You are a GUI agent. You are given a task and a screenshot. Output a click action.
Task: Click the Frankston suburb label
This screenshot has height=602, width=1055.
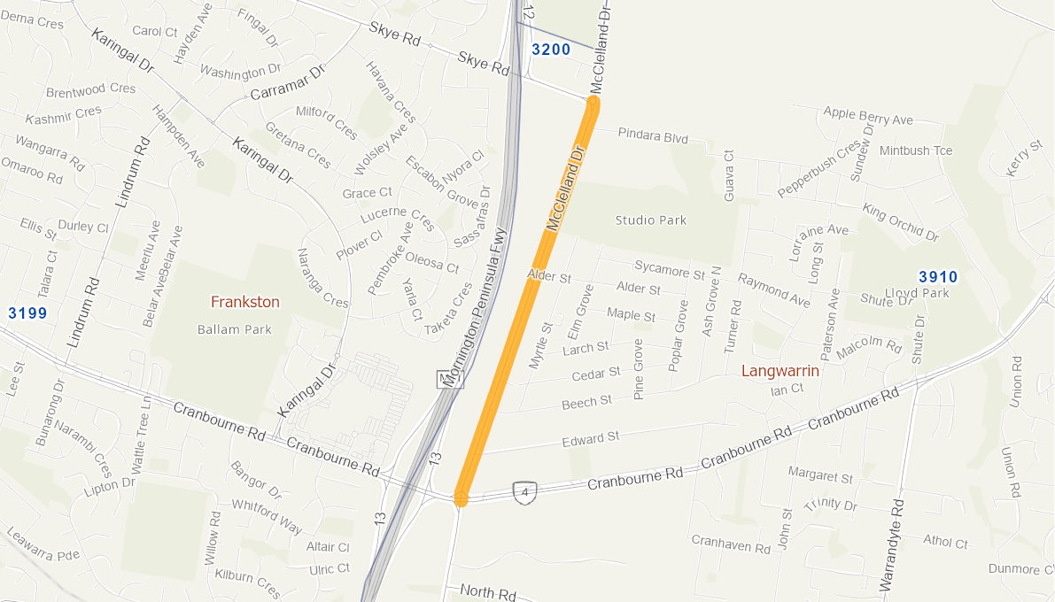(244, 302)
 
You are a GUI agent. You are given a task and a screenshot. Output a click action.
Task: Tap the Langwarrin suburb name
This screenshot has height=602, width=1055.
(780, 371)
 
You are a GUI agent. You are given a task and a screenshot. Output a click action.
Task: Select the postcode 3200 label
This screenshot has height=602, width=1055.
(551, 50)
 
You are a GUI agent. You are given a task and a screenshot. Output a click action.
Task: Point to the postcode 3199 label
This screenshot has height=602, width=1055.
(27, 313)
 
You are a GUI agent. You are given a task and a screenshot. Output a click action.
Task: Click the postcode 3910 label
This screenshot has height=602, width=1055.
(938, 277)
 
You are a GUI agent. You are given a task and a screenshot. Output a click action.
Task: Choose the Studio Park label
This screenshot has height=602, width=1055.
(650, 220)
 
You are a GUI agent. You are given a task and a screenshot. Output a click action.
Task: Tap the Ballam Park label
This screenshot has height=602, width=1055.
(234, 329)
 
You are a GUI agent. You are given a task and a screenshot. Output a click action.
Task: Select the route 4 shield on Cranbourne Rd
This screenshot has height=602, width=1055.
(525, 492)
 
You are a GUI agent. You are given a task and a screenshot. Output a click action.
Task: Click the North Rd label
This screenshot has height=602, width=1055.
(487, 591)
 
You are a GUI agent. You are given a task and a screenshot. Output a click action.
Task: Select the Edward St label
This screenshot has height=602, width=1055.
(590, 438)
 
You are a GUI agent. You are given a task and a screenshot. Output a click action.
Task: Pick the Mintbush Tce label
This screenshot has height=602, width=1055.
(916, 150)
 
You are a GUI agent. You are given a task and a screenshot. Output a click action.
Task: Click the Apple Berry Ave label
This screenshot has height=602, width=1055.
(867, 115)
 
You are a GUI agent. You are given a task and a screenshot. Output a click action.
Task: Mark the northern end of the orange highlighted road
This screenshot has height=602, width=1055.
(593, 104)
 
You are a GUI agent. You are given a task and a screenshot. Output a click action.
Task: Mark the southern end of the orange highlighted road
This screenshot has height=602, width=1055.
(461, 497)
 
